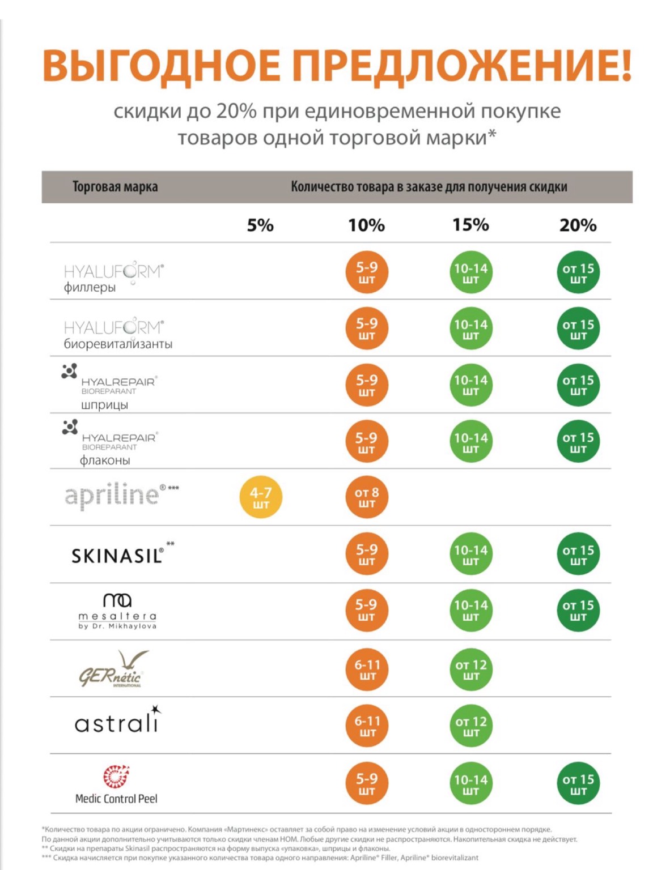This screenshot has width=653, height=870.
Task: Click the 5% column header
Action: [260, 225]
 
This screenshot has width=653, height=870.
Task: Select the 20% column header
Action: [578, 225]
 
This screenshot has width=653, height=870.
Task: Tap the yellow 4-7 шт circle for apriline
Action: [261, 498]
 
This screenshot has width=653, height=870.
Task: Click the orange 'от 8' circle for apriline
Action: [367, 498]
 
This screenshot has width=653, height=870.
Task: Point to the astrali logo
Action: [117, 722]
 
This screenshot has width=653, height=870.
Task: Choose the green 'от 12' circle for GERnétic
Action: [471, 670]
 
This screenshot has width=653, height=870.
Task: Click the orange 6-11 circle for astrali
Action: [367, 726]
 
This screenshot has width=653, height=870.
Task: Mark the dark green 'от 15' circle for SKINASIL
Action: [578, 555]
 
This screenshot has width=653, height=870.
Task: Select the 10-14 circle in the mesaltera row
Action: [471, 611]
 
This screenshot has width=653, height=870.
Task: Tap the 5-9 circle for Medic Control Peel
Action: [367, 784]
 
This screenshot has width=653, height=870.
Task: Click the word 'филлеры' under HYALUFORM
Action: [90, 288]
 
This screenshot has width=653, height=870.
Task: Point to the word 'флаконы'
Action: [105, 460]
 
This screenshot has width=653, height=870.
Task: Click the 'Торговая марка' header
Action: [115, 187]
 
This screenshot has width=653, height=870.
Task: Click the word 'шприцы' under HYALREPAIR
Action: [104, 405]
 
